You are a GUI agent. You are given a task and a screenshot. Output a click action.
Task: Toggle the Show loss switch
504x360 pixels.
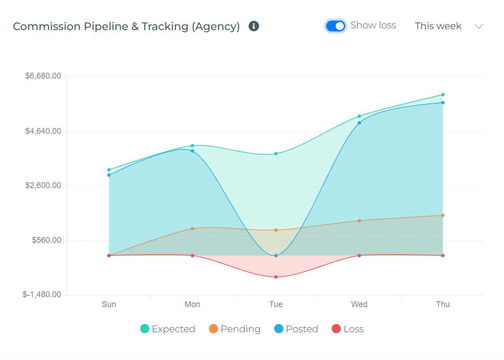(x=336, y=26)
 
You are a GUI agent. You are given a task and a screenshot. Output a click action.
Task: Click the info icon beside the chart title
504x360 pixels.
(x=254, y=26)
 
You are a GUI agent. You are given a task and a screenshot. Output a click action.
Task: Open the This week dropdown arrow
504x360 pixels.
(x=478, y=26)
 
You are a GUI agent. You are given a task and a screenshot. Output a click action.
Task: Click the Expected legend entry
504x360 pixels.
(x=168, y=329)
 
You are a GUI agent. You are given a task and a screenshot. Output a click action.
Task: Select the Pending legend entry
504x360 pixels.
(x=235, y=329)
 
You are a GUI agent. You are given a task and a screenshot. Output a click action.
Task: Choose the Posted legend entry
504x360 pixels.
(x=296, y=329)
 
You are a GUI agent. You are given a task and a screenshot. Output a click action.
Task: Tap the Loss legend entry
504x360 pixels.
(x=348, y=329)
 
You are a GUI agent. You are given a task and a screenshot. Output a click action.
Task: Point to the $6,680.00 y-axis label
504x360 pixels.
(x=43, y=76)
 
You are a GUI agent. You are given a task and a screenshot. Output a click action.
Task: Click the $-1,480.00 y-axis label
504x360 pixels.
(x=42, y=294)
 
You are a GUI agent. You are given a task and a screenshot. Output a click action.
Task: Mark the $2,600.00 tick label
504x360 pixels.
(x=43, y=185)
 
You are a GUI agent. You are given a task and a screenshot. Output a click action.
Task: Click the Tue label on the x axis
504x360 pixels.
(x=276, y=304)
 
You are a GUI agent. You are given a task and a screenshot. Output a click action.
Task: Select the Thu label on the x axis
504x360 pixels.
(x=443, y=304)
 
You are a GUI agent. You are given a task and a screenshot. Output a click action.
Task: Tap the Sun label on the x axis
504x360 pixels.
(x=109, y=304)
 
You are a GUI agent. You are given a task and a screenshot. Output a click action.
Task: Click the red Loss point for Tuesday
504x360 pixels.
(x=276, y=277)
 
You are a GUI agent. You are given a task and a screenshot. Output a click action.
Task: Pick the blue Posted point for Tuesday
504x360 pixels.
(x=276, y=256)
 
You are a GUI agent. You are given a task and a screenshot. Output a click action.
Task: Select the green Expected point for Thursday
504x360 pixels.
(x=443, y=95)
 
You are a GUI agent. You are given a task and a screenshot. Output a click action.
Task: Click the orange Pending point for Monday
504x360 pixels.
(x=193, y=228)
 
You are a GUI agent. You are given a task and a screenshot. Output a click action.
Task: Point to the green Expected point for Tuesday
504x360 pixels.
(x=276, y=154)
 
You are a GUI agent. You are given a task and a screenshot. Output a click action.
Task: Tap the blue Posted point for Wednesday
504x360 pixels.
(x=359, y=123)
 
